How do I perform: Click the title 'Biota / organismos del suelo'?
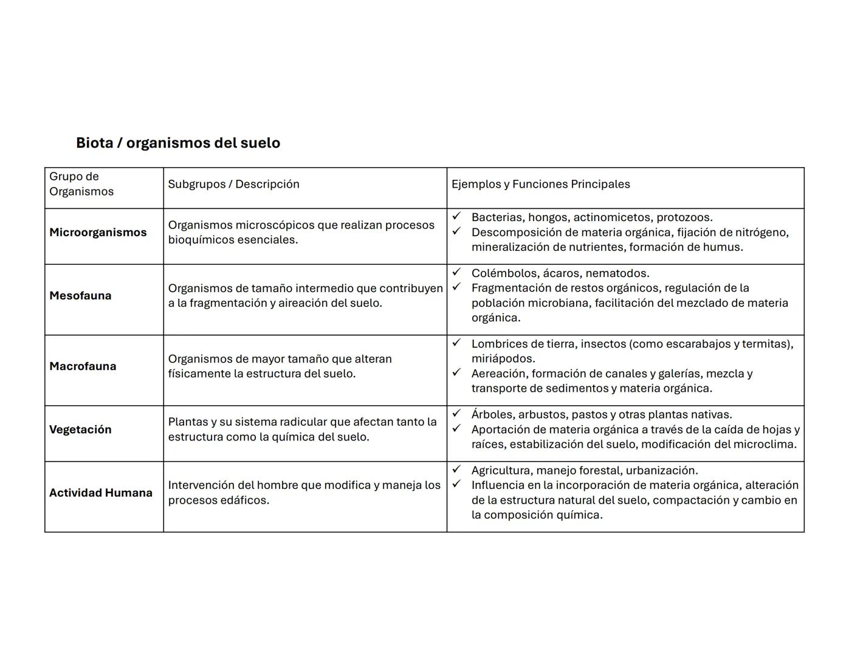point(177,143)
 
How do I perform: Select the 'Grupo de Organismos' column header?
point(81,184)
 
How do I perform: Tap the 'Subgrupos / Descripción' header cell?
point(233,184)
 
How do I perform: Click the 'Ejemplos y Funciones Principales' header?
point(540,184)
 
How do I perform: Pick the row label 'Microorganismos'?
point(98,233)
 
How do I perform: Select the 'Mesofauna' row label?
point(80,296)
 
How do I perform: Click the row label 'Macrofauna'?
point(83,366)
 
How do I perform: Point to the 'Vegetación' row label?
point(80,429)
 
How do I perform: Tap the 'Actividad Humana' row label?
point(101,493)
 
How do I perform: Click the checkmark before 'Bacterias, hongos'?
point(456,216)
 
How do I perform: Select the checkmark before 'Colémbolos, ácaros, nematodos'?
point(456,272)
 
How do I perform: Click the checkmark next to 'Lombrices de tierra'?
point(456,343)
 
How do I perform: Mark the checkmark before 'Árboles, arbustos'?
point(456,413)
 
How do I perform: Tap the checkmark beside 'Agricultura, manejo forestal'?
point(456,469)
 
